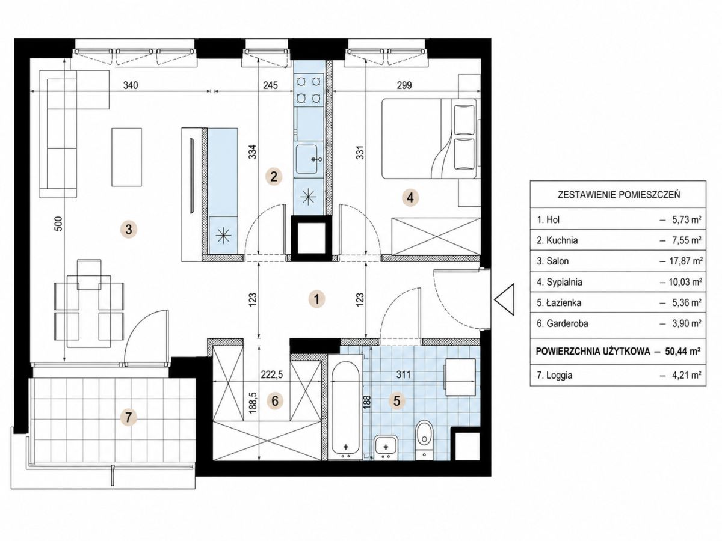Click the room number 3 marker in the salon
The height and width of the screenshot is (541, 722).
(x=129, y=229)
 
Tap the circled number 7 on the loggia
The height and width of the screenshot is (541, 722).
(x=128, y=417)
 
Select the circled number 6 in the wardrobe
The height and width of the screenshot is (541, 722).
(x=275, y=401)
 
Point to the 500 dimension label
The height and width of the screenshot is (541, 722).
(x=58, y=224)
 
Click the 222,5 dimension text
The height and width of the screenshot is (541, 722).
(x=272, y=374)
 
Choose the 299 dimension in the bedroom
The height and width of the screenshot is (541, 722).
(x=404, y=85)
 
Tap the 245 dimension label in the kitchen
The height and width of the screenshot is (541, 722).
(x=270, y=85)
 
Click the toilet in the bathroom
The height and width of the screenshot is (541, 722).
(x=425, y=440)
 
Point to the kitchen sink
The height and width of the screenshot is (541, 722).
(x=307, y=159)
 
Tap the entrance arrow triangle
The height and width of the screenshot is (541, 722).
(x=504, y=299)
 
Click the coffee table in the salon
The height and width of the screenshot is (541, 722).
(x=126, y=157)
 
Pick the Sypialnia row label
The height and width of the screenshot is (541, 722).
(x=560, y=282)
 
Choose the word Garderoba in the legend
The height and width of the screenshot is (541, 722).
(x=563, y=323)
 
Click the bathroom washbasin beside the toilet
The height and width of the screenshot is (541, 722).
(x=386, y=447)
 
